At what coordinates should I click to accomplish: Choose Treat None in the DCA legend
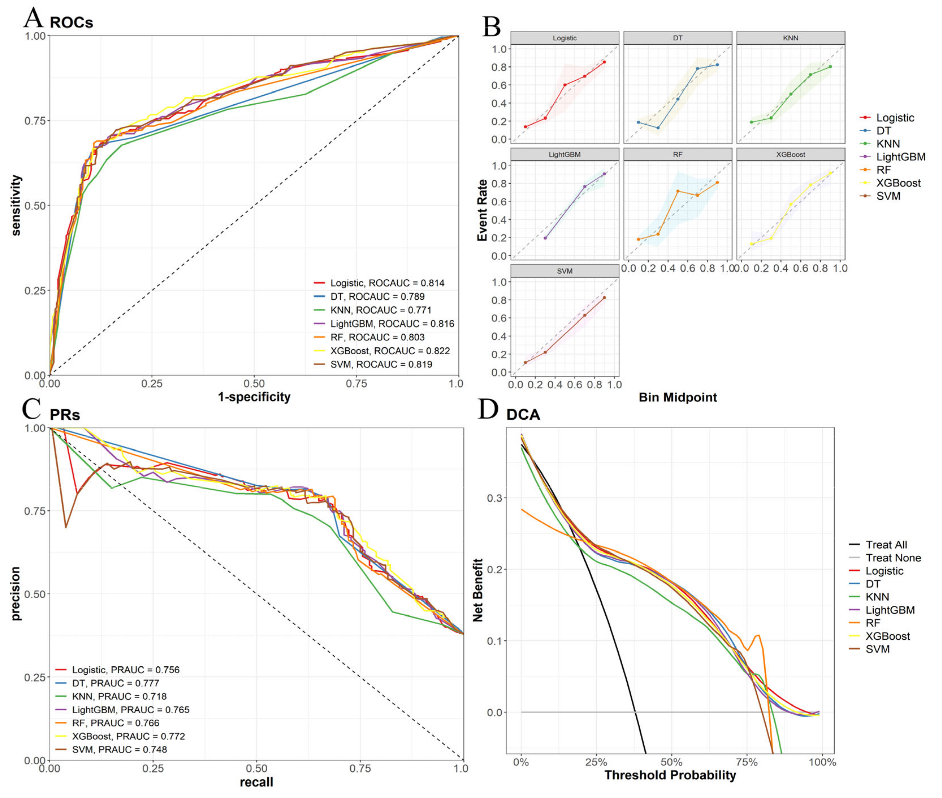893,558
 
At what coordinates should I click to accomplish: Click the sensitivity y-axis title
16,205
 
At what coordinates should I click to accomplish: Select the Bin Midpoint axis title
678,398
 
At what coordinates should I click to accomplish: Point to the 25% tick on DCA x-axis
596,762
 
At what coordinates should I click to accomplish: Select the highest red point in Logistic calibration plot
604,62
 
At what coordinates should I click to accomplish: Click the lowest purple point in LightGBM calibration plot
545,238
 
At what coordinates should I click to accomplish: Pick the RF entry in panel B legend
883,170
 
